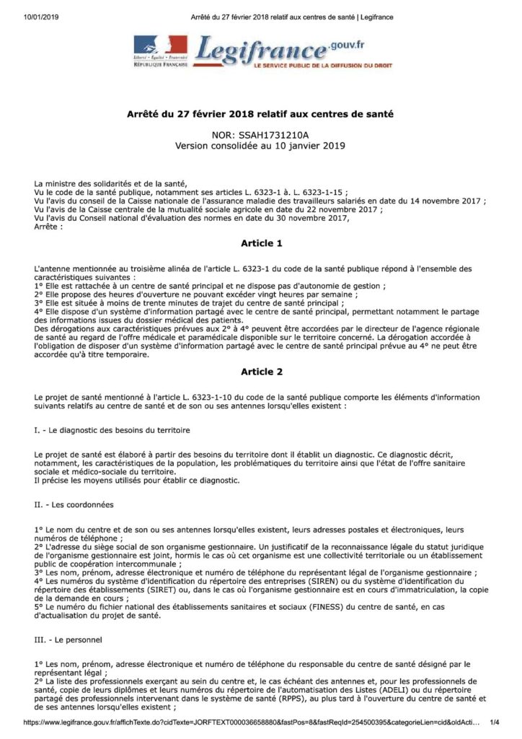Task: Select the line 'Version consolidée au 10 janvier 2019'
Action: click(x=260, y=145)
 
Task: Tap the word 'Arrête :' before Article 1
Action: click(x=49, y=227)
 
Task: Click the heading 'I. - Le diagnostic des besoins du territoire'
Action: click(x=112, y=431)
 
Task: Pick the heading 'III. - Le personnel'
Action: click(x=70, y=639)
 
